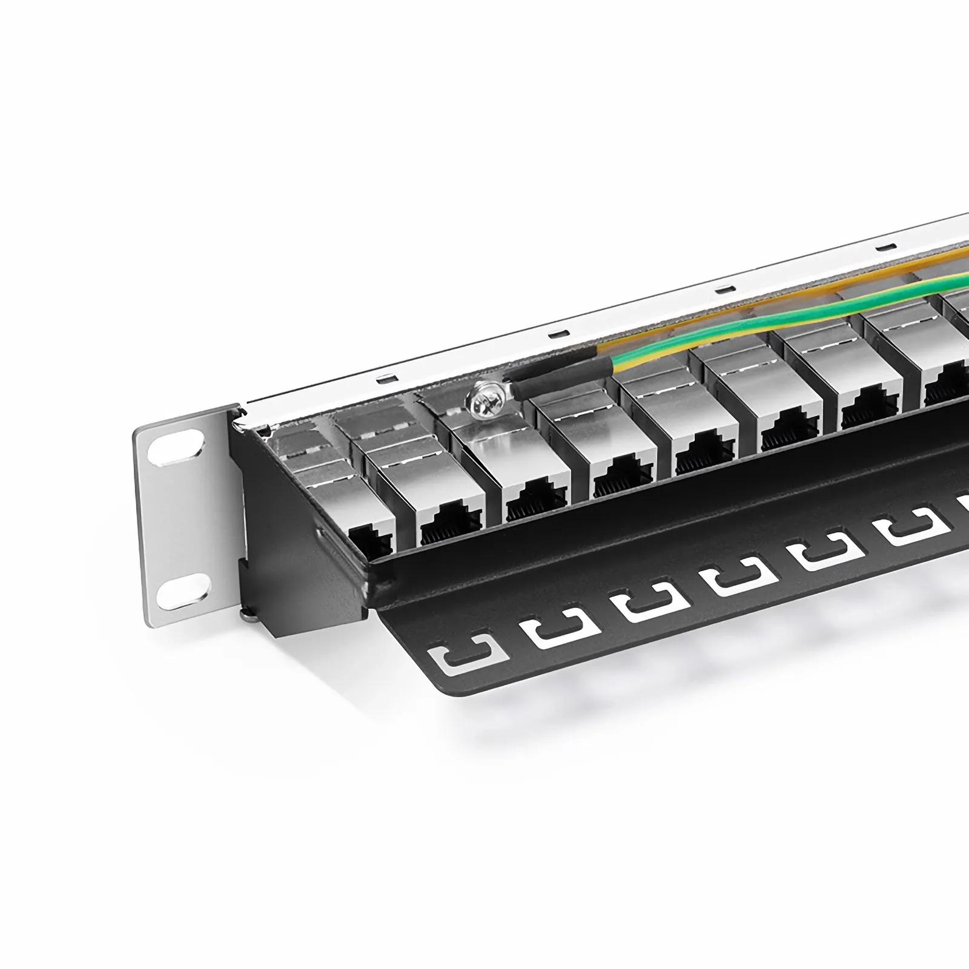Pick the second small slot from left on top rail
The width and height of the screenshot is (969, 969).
pyautogui.click(x=556, y=333)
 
